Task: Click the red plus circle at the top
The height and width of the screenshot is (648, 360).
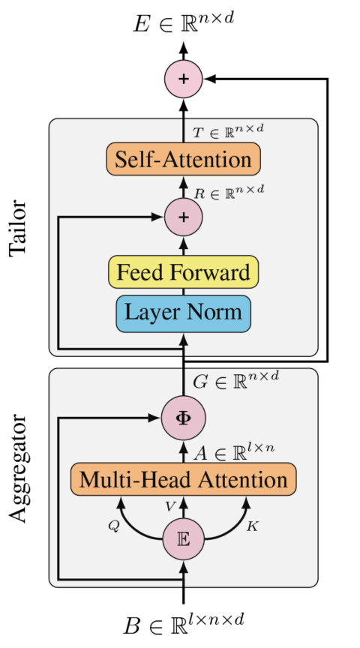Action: (x=184, y=79)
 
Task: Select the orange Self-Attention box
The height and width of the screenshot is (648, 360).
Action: (x=184, y=159)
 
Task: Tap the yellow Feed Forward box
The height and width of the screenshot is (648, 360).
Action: (x=184, y=272)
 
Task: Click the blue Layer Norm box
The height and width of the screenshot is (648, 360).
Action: (x=184, y=313)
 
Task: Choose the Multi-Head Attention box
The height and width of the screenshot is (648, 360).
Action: (x=184, y=479)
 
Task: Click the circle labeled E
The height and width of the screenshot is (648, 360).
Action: (x=184, y=538)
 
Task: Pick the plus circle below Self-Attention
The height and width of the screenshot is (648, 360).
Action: (x=184, y=217)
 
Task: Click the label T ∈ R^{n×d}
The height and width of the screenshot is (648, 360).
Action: (x=228, y=131)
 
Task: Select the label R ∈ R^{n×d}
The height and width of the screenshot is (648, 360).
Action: (x=229, y=192)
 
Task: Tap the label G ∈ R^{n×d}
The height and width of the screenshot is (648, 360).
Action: (x=235, y=380)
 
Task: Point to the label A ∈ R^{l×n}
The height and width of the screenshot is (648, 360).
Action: (x=234, y=451)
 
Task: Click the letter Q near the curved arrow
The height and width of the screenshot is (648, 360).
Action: (x=114, y=526)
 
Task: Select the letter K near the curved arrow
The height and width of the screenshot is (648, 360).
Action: (x=252, y=526)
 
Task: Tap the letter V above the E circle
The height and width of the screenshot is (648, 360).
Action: (x=170, y=508)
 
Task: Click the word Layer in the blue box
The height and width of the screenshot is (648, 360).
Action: (x=151, y=313)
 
